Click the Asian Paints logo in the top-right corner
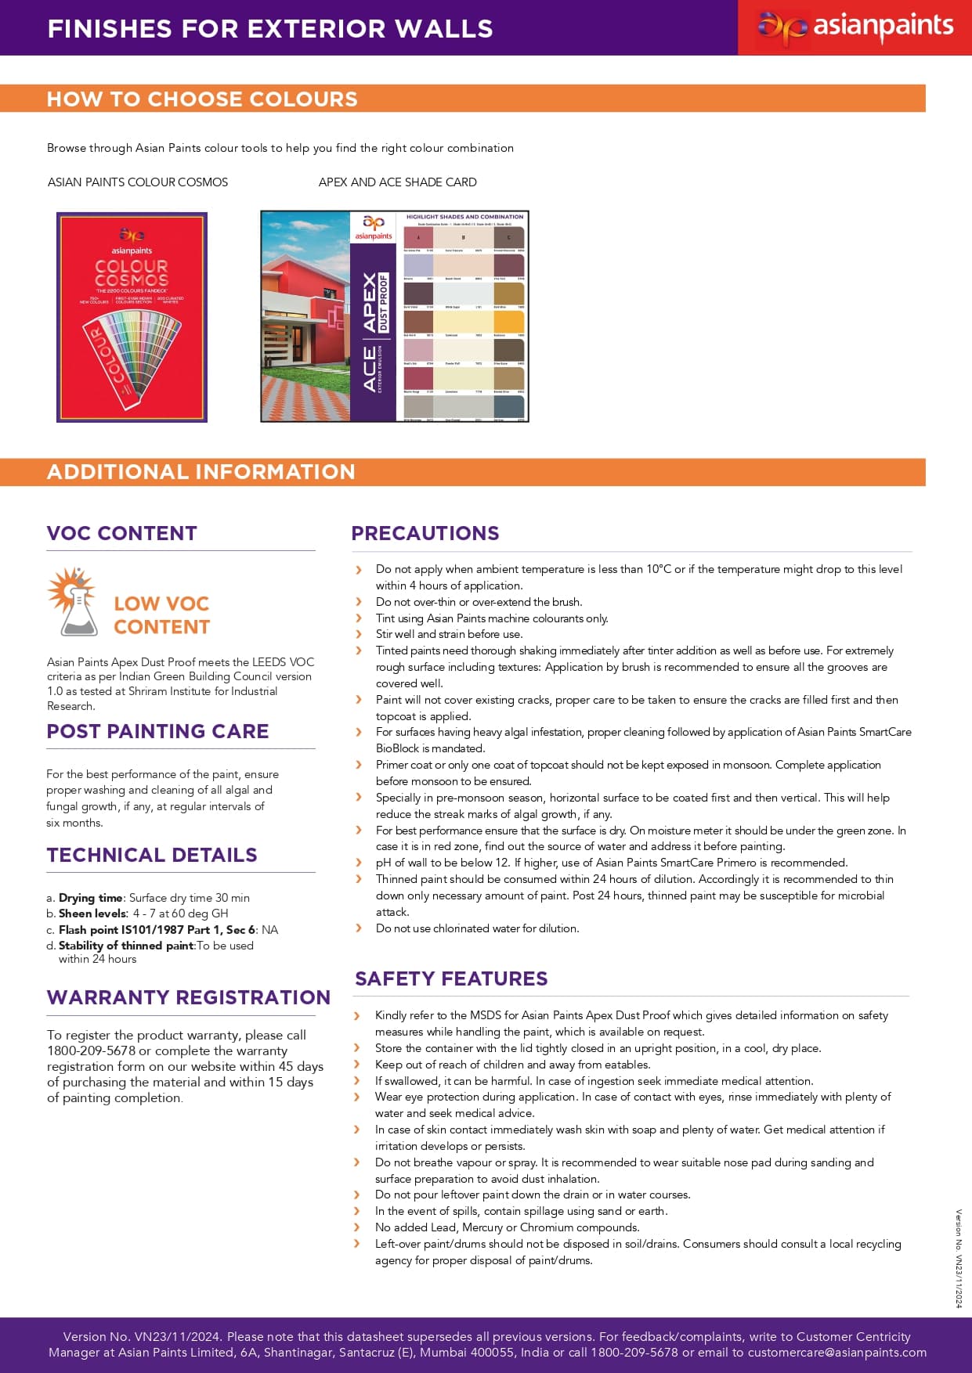(x=855, y=27)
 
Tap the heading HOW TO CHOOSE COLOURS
(x=202, y=99)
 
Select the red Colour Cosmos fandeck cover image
(x=132, y=317)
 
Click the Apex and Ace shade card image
(x=395, y=316)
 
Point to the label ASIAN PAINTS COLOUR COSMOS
(x=138, y=182)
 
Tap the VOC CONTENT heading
(x=121, y=533)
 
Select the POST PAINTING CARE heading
(x=157, y=731)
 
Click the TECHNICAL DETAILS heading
(x=152, y=855)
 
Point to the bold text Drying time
(x=91, y=898)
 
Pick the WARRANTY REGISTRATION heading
(x=188, y=997)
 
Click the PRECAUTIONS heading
(x=425, y=533)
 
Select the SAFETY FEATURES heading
(x=451, y=978)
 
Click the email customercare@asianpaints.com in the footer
(x=836, y=1353)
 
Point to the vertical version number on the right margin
(x=958, y=1257)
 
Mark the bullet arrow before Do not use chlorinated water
(x=359, y=928)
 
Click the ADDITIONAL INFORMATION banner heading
(x=201, y=472)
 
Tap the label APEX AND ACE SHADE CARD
(x=397, y=182)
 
